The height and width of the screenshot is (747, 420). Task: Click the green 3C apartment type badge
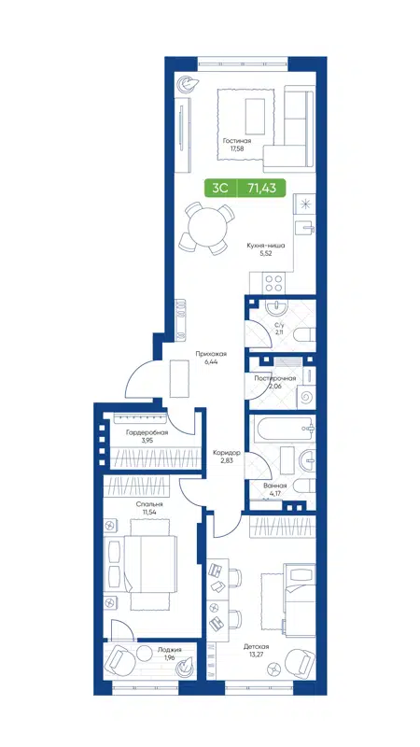coord(221,187)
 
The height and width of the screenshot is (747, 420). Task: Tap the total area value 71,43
coord(261,187)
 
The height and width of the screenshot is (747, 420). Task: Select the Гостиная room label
coord(237,141)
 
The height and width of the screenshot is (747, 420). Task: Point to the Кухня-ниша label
coord(265,247)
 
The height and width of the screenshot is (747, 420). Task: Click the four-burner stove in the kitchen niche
coord(276,277)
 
